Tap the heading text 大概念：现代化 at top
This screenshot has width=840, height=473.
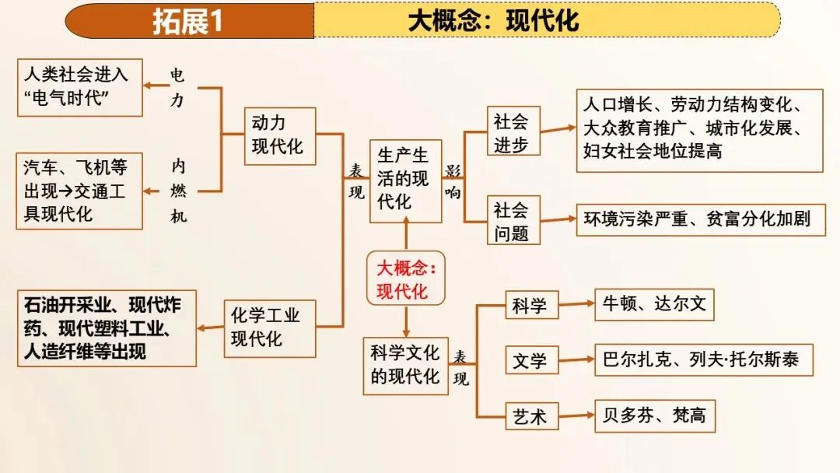(493, 21)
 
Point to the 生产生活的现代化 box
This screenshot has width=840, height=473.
(404, 180)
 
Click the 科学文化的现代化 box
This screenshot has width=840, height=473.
(406, 366)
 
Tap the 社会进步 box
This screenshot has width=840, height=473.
(512, 131)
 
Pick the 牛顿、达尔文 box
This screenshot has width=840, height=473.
(654, 304)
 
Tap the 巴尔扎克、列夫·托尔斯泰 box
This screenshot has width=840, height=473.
(703, 360)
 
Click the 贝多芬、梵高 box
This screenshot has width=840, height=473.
(654, 416)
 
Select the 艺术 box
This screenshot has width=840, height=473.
(530, 417)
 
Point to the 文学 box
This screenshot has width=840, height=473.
(530, 361)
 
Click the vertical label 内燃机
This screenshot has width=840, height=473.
(179, 191)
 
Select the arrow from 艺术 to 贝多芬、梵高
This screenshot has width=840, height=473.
(575, 417)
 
